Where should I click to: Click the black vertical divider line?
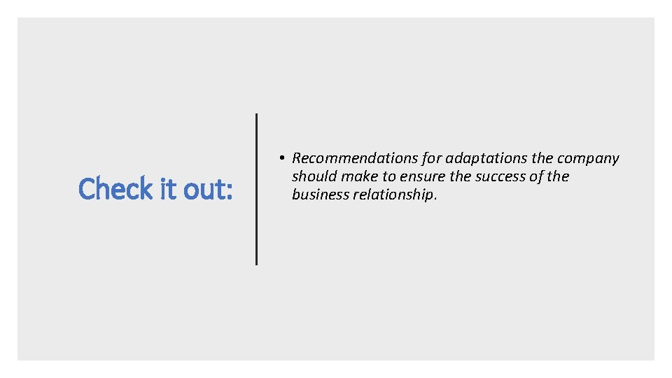point(256,189)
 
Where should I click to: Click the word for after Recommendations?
point(428,159)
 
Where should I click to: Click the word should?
point(314,176)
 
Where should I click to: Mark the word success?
point(500,176)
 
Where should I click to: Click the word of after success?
point(537,176)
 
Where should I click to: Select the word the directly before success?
point(461,176)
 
